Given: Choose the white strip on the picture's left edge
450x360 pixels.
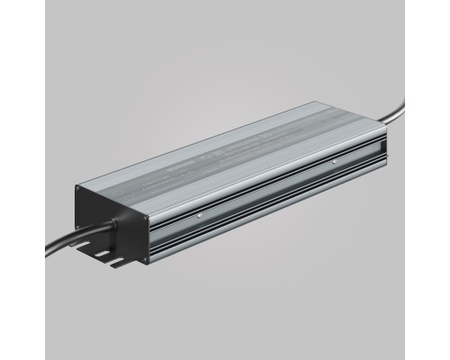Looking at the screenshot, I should pos(4,180).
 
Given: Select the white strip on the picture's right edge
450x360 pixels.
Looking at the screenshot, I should pos(446,180).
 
